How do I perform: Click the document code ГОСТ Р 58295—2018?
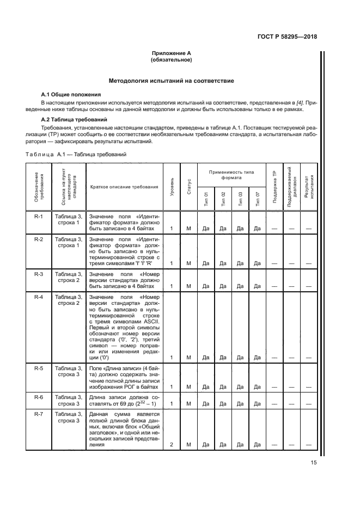(x=286, y=37)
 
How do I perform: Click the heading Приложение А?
(x=172, y=53)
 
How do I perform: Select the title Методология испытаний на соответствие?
(x=172, y=81)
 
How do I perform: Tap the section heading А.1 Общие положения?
(x=71, y=94)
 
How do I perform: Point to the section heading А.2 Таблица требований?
(x=75, y=119)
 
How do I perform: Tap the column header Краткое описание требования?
(x=124, y=187)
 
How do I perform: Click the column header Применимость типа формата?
(x=231, y=174)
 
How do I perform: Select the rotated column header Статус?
(x=188, y=187)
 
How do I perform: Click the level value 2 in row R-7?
(x=172, y=444)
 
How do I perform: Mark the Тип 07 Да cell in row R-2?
(x=257, y=263)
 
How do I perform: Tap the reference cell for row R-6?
(x=68, y=401)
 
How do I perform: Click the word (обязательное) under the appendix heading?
(x=172, y=60)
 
